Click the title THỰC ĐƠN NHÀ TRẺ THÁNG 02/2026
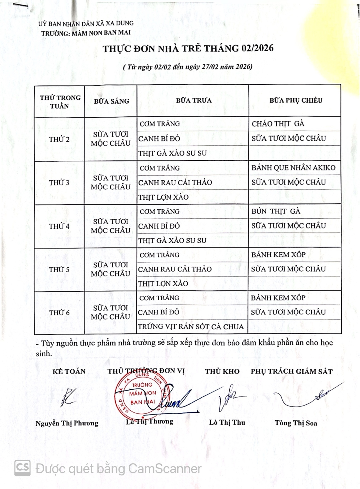point(188,49)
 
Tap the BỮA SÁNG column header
point(111,101)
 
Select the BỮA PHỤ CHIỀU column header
point(295,100)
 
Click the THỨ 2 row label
point(59,140)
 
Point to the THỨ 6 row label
point(59,313)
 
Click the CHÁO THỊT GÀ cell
point(278,124)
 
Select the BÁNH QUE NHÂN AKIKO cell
point(293,168)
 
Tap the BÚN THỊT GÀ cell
point(276,211)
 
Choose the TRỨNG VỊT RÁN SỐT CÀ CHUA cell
point(191,327)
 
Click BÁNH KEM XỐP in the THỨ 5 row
point(278,255)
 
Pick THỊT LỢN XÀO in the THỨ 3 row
point(163,197)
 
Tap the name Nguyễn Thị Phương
point(67,423)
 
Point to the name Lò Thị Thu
point(227,422)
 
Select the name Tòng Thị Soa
point(295,423)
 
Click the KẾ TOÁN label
point(69,371)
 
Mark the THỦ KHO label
point(222,371)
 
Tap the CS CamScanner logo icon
point(22,468)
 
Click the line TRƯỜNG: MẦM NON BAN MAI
point(86,33)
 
